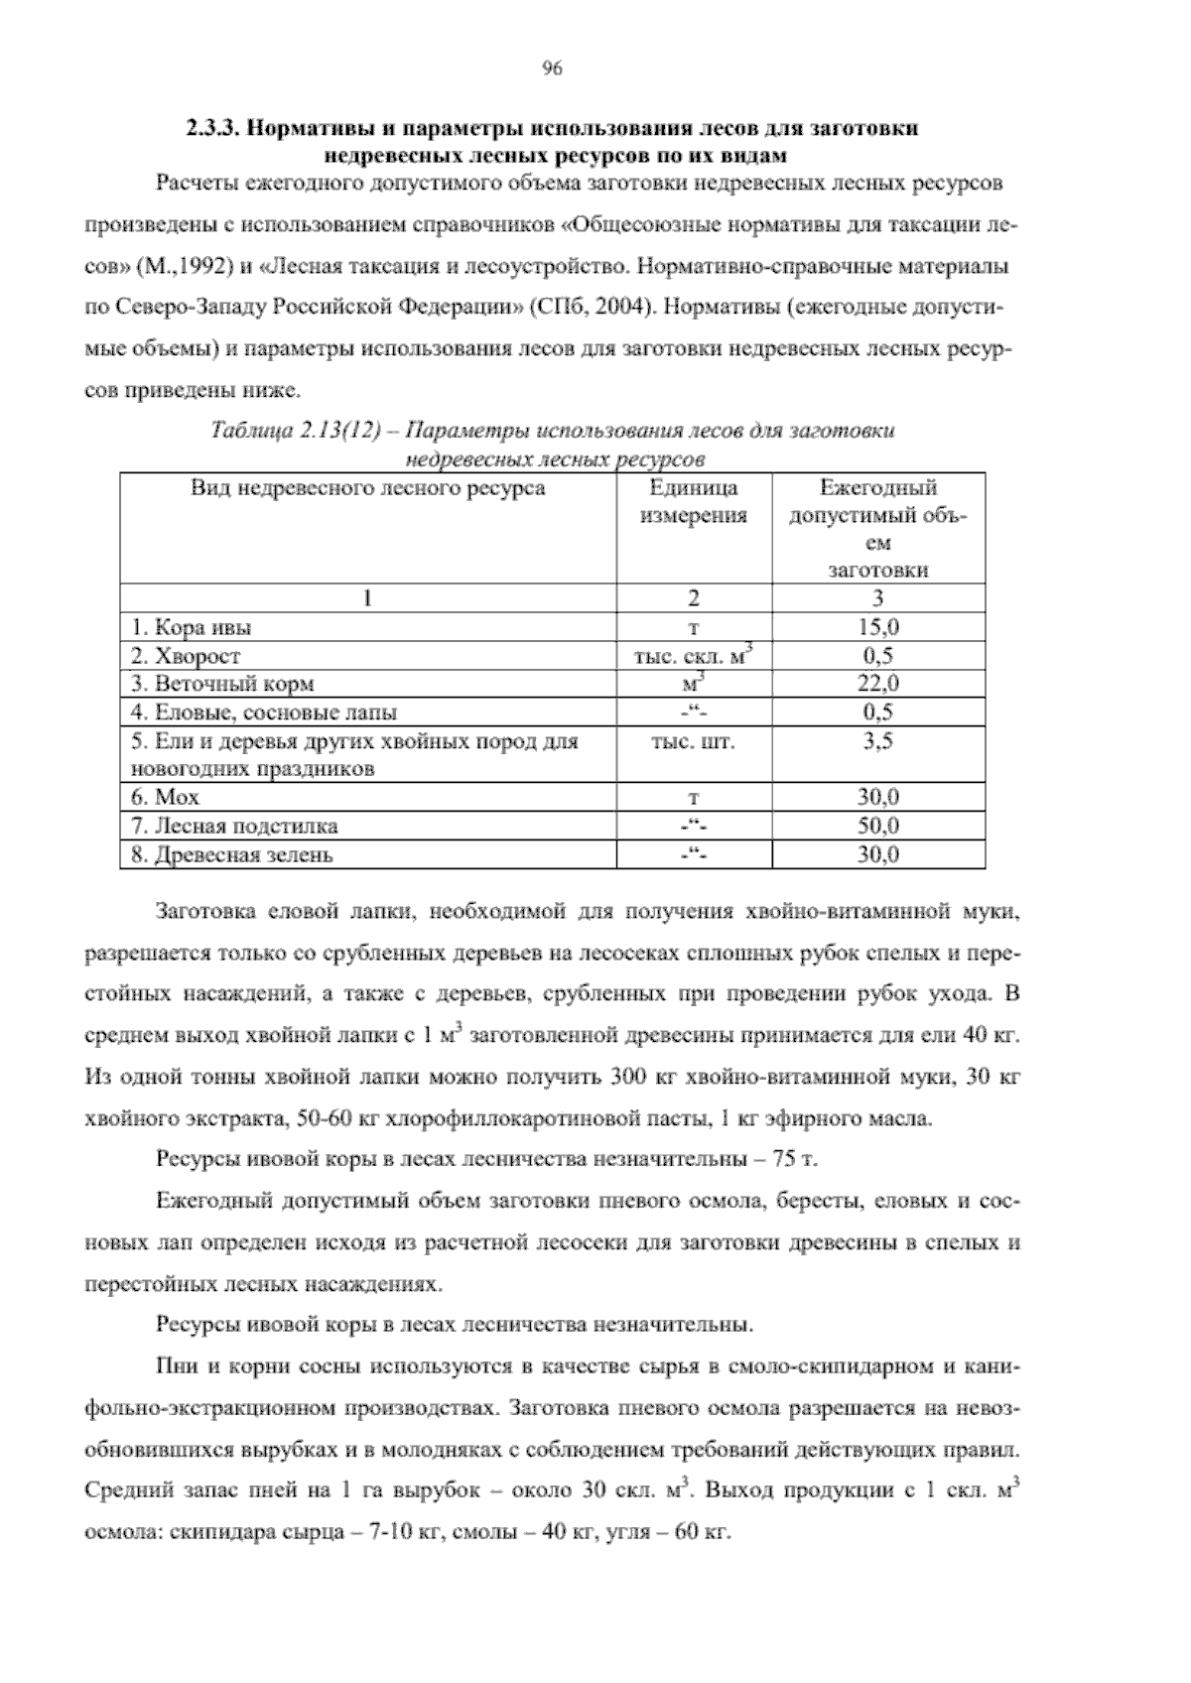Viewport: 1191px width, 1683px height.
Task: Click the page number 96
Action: point(553,68)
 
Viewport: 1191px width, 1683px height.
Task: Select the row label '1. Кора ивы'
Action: point(192,627)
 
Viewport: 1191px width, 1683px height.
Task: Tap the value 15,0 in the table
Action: point(877,627)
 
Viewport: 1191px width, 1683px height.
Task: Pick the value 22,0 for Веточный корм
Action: point(877,684)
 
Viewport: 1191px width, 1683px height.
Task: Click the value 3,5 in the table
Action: point(877,741)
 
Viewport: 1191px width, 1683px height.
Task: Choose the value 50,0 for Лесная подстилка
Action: point(877,826)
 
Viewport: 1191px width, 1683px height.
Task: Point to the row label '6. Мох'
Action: point(165,798)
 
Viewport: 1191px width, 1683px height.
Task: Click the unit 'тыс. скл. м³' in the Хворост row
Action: point(694,655)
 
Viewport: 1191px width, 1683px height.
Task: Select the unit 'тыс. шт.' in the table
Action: point(694,741)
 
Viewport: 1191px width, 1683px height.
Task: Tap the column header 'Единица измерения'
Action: point(694,501)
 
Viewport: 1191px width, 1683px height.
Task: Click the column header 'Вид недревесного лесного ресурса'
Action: point(367,488)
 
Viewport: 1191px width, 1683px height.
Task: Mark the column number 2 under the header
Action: point(694,597)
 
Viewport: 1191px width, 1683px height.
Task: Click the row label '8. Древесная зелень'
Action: point(232,854)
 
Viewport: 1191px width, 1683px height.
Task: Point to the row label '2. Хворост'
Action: point(186,656)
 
